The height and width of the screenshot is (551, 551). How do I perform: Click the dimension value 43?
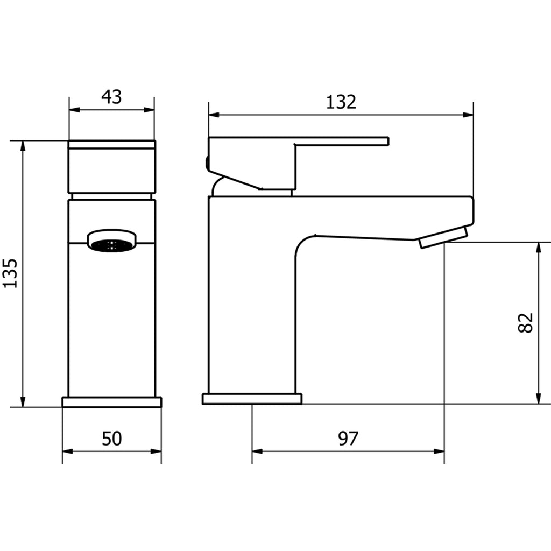click(112, 97)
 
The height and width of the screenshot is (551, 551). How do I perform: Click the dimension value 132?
click(341, 102)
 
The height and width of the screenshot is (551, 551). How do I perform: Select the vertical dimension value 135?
click(11, 273)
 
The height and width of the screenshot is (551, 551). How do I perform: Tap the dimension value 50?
click(112, 439)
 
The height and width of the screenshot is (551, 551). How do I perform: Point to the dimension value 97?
click(348, 439)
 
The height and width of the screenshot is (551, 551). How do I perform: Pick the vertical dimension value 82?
click(526, 322)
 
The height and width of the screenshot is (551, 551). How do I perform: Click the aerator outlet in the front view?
click(112, 241)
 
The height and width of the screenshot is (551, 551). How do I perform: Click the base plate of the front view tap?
click(112, 402)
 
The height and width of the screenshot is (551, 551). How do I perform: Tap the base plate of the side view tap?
click(252, 399)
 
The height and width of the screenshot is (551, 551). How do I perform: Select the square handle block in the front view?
click(112, 167)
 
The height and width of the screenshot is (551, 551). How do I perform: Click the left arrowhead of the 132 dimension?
click(213, 114)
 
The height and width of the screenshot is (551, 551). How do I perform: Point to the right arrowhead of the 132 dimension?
click(469, 114)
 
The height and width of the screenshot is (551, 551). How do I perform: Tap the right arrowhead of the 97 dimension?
click(440, 451)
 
